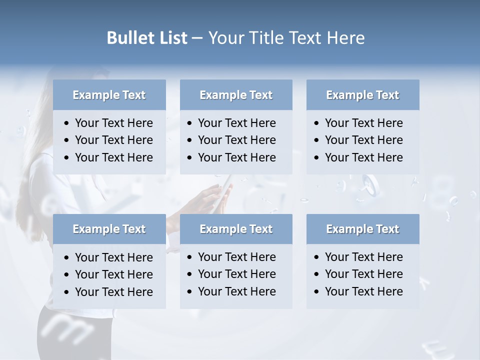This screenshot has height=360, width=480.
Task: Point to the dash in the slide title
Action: [197, 38]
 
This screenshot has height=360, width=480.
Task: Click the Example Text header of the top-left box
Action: [109, 95]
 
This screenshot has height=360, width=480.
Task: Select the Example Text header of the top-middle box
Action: [236, 95]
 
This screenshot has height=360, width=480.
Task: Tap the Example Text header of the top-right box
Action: [362, 95]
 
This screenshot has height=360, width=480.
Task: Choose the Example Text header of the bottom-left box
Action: [109, 229]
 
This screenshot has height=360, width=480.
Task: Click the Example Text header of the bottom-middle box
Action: [236, 229]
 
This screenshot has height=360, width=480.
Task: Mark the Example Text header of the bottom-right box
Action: [362, 229]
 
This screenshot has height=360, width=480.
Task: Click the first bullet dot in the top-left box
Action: [67, 123]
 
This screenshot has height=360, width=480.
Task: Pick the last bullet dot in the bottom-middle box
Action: [190, 291]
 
